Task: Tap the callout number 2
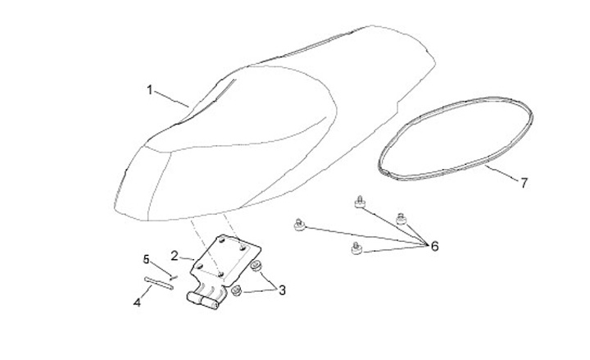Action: coord(175,255)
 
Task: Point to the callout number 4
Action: coord(138,303)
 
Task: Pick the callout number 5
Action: coord(147,260)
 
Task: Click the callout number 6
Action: coord(433,246)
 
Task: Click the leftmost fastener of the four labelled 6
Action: coord(300,222)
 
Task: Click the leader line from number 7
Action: coord(501,174)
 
